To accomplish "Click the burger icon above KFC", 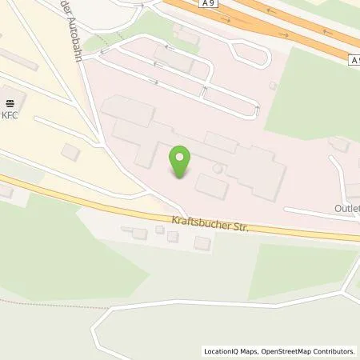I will (x=11, y=102).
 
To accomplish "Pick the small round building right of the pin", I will (x=218, y=170).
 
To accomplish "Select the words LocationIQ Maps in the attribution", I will (x=226, y=350).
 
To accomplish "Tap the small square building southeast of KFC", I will (x=70, y=151).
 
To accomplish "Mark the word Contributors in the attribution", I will (x=334, y=350).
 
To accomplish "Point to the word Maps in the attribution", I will (x=242, y=350).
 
